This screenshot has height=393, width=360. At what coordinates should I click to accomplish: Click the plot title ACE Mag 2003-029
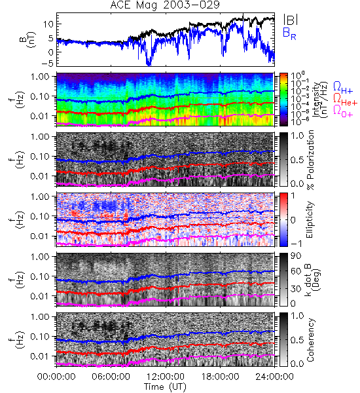[165, 5]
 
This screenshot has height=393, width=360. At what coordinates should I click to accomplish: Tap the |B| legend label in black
[291, 20]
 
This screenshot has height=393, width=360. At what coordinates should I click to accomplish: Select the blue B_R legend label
[289, 33]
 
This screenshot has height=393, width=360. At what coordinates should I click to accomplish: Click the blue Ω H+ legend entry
[343, 87]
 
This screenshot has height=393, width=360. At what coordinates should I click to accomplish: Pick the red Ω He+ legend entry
[345, 100]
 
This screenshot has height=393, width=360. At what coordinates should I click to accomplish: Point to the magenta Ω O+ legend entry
[343, 111]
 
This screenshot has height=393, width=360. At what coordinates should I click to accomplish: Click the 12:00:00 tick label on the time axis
[166, 377]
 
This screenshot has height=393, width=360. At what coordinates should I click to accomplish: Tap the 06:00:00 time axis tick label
[111, 377]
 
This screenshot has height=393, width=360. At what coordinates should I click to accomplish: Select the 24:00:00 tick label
[274, 377]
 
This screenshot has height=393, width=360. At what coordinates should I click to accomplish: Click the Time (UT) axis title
[165, 386]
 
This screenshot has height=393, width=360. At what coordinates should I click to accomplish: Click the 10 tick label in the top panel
[48, 24]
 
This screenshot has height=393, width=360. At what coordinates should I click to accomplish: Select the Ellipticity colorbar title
[310, 220]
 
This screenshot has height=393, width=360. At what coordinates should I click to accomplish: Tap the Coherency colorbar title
[310, 340]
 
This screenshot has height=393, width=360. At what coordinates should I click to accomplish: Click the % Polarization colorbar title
[310, 160]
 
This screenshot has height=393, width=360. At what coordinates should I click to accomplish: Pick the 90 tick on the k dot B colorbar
[296, 256]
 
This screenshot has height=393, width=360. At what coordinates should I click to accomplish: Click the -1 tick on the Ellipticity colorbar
[296, 244]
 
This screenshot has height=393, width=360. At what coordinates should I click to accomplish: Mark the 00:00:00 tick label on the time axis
[56, 377]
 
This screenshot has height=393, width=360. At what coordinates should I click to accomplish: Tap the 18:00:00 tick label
[220, 377]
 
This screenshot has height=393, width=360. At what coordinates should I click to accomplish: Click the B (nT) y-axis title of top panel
[29, 39]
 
